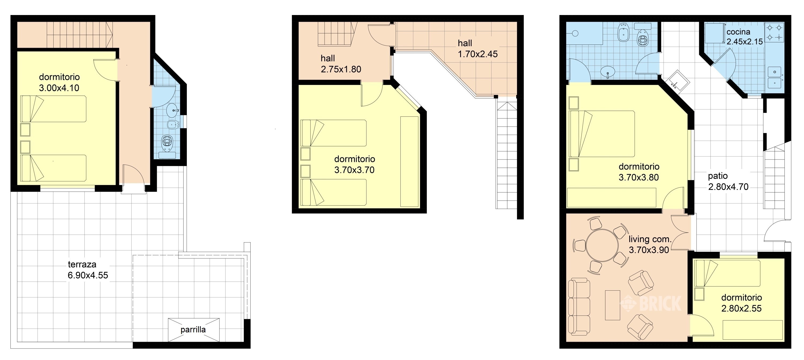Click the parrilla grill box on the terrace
click(x=193, y=330)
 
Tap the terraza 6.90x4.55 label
click(x=88, y=270)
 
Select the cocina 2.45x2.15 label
click(x=745, y=36)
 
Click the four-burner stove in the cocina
click(x=774, y=32)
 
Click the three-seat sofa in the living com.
click(x=579, y=307)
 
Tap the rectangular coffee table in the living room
click(x=612, y=305)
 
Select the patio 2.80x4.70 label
click(x=728, y=181)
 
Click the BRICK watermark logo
click(x=651, y=303)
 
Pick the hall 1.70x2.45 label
click(x=478, y=49)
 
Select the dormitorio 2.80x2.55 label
click(x=742, y=303)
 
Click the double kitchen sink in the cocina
click(x=774, y=78)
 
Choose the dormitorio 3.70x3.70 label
click(x=355, y=165)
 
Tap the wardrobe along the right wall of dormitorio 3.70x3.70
click(x=409, y=161)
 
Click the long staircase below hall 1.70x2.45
click(x=506, y=153)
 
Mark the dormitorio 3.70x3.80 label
click(x=639, y=172)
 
